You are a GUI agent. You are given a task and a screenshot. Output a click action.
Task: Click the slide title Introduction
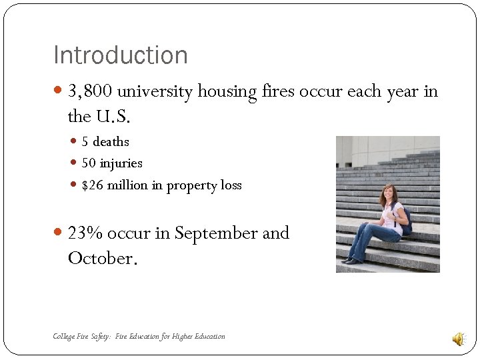click(x=120, y=55)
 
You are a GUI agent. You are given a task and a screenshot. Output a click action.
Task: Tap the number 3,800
click(x=92, y=91)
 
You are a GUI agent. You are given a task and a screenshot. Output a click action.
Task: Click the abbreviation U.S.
click(x=113, y=117)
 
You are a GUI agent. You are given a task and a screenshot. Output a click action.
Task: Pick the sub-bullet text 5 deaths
click(x=105, y=142)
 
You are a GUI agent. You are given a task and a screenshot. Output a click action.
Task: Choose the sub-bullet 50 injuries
click(x=112, y=163)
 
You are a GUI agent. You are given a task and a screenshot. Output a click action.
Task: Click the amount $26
click(x=92, y=185)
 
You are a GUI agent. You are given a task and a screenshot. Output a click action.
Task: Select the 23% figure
click(x=85, y=233)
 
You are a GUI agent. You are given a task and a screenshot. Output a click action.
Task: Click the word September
click(x=216, y=234)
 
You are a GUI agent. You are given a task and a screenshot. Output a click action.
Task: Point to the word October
click(x=101, y=259)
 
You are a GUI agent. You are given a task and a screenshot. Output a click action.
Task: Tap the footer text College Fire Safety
click(x=81, y=337)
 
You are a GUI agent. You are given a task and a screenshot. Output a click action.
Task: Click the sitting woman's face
click(x=387, y=194)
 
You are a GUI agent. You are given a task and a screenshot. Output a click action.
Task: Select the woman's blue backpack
click(x=407, y=220)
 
